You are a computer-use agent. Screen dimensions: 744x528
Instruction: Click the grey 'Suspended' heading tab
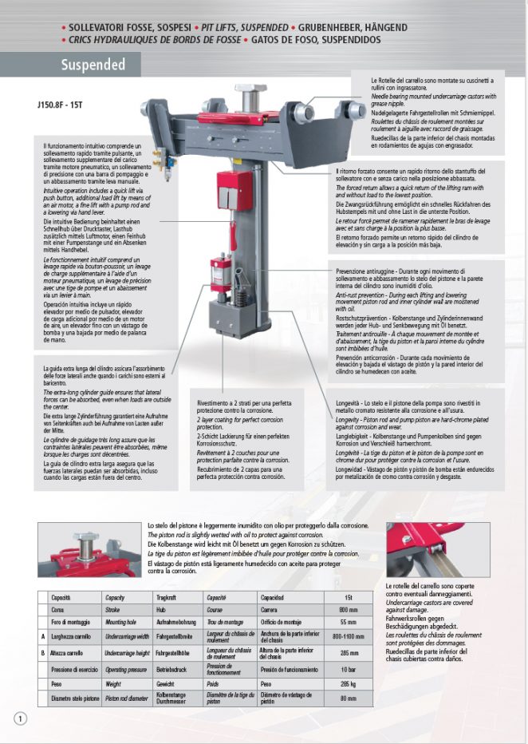(93, 65)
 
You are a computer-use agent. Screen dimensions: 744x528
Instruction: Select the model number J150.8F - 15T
(61, 104)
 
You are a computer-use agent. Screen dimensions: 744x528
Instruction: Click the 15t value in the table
(347, 597)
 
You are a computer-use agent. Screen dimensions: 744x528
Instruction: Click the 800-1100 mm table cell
(347, 636)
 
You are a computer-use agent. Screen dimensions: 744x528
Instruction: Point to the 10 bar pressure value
(347, 668)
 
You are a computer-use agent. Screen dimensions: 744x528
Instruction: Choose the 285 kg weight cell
(347, 684)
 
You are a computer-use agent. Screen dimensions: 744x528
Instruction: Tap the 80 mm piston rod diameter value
(347, 699)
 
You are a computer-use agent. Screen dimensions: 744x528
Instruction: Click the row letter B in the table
(41, 652)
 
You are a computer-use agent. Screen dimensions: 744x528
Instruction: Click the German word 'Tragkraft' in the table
(167, 597)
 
